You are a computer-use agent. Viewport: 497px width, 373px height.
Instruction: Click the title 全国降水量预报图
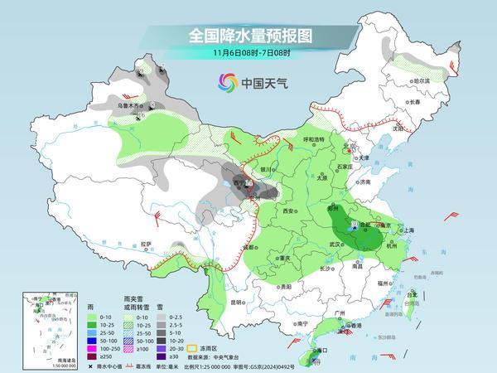tap(248, 36)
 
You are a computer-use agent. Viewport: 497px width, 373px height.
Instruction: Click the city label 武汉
tap(335, 245)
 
